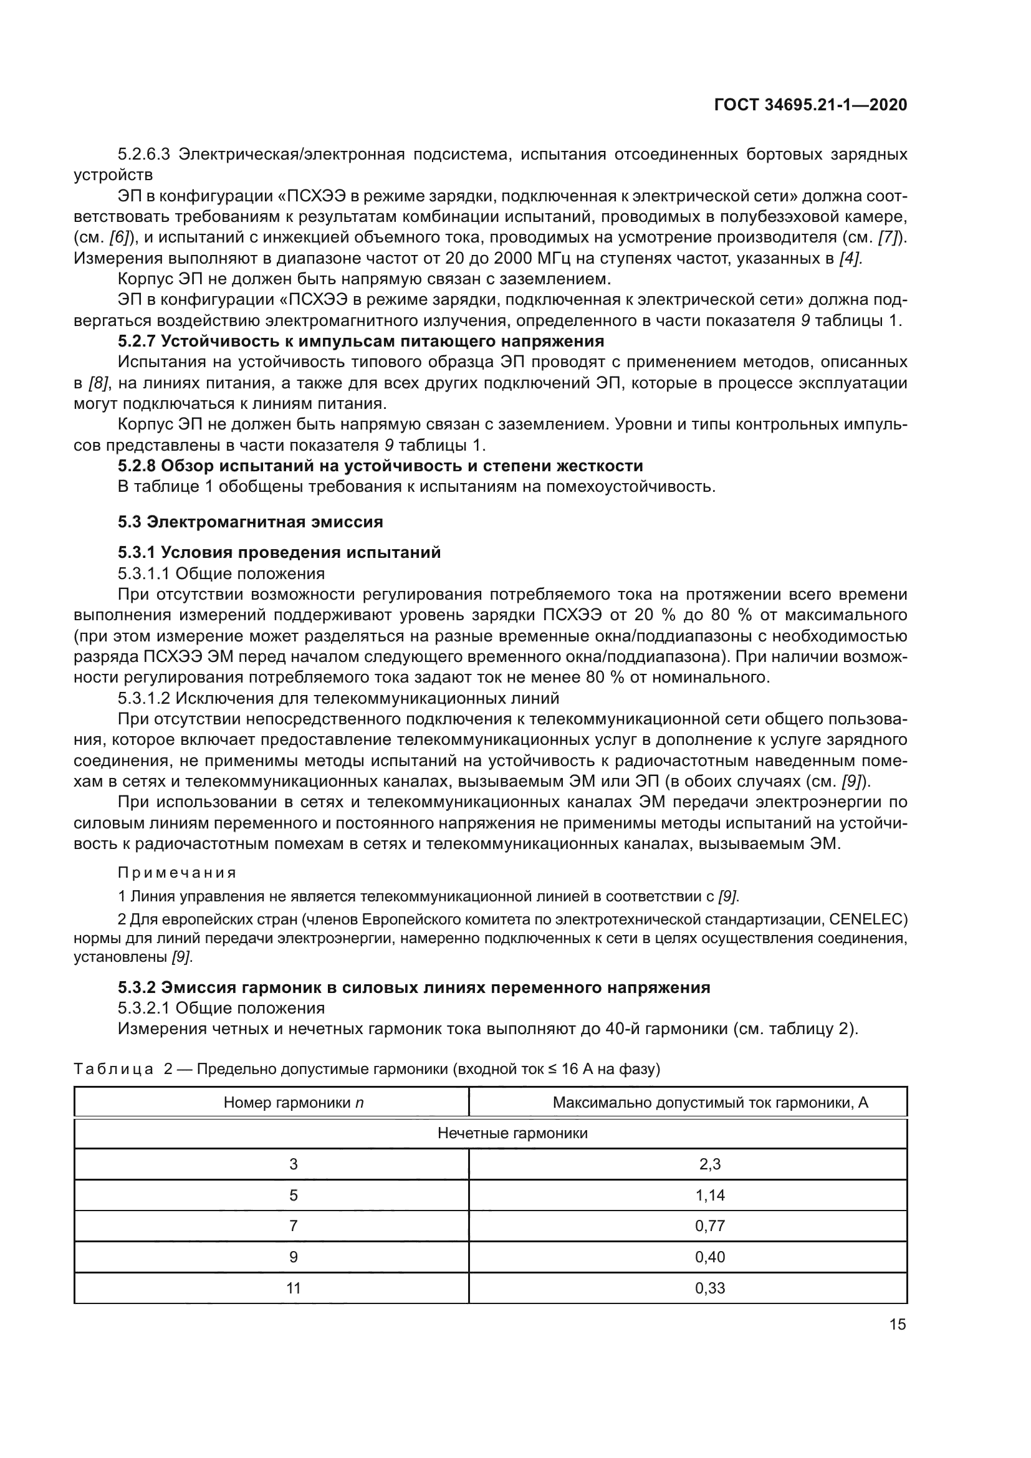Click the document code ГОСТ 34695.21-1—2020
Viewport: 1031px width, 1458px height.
(x=811, y=105)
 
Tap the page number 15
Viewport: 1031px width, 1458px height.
(x=897, y=1325)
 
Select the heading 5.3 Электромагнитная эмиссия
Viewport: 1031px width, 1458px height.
(x=250, y=522)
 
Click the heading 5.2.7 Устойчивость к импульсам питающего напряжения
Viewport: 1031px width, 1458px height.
(x=360, y=341)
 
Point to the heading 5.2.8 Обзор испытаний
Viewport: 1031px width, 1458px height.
(x=380, y=466)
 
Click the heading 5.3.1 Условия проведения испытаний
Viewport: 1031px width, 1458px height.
(x=279, y=552)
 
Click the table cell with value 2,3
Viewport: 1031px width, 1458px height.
(x=710, y=1164)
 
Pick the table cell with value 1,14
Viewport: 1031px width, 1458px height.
(x=710, y=1195)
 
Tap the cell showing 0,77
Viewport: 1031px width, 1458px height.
(x=710, y=1225)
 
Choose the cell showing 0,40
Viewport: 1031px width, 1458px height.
(x=710, y=1257)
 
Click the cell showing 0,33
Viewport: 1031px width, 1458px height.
(x=710, y=1288)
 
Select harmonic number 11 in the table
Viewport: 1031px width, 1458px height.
(x=294, y=1288)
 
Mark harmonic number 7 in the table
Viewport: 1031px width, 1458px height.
(x=294, y=1225)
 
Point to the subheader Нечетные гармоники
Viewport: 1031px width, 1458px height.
(x=512, y=1133)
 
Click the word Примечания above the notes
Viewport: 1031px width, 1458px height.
(x=177, y=873)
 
